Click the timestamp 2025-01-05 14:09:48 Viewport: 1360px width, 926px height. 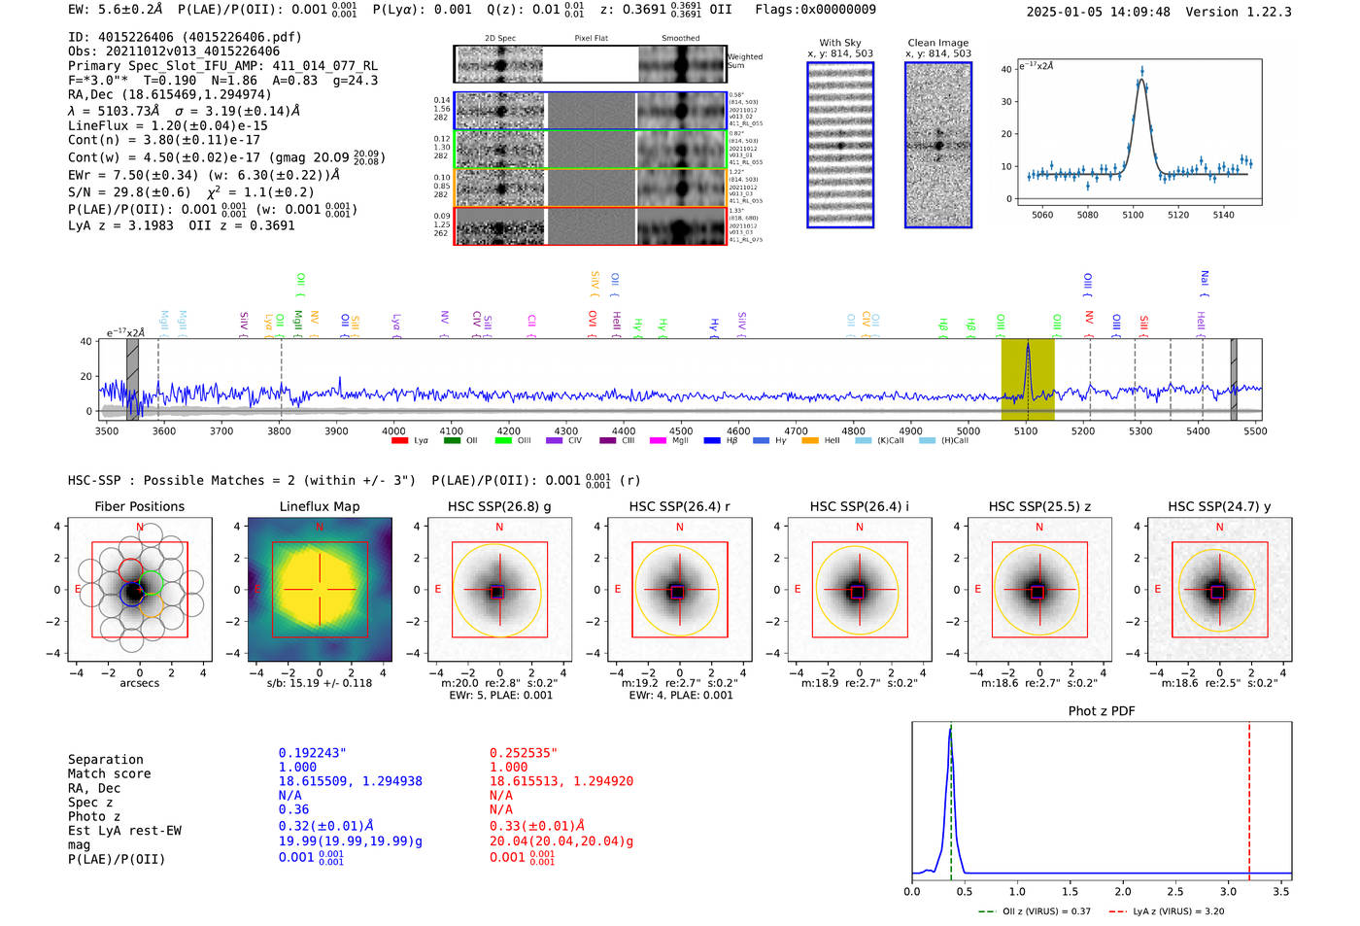(1098, 12)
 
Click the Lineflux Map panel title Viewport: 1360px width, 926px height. (320, 506)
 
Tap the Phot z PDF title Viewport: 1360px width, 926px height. (1102, 711)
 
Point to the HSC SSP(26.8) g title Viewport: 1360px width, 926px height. (499, 506)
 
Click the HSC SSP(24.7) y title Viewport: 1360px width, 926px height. (1219, 506)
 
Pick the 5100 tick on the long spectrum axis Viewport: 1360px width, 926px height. (1026, 430)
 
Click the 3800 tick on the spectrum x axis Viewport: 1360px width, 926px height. (279, 430)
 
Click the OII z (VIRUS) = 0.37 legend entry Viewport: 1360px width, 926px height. (1036, 911)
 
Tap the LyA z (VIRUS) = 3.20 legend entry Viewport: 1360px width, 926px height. (1167, 911)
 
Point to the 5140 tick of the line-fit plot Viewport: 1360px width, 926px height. (1223, 215)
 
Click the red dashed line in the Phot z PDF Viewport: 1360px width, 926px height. (1249, 797)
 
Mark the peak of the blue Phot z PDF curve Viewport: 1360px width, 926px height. (950, 731)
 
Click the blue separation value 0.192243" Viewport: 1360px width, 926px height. (313, 753)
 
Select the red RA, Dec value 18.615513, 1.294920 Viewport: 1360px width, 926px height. (561, 781)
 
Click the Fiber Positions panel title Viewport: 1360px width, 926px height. (139, 506)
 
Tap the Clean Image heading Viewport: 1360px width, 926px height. (937, 43)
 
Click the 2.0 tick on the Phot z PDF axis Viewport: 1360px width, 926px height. (1123, 891)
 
